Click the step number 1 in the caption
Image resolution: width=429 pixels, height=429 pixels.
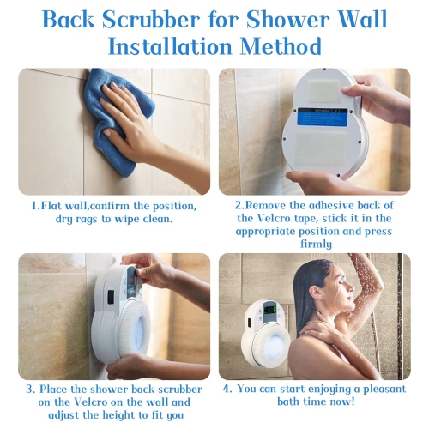coord(34,206)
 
